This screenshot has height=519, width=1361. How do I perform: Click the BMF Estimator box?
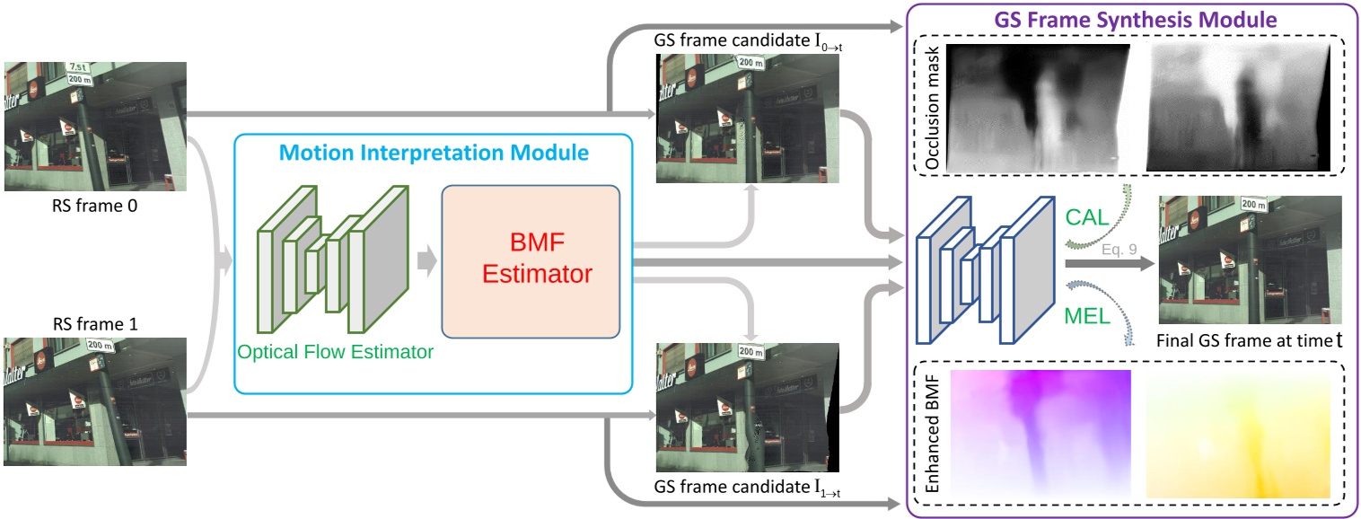coord(530,261)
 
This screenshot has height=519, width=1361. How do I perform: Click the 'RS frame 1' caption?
coord(95,321)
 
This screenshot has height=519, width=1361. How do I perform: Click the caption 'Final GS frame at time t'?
coord(1251,340)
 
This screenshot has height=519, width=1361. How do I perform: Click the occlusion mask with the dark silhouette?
coord(1237,107)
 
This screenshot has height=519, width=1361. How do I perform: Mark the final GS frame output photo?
coord(1251,260)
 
